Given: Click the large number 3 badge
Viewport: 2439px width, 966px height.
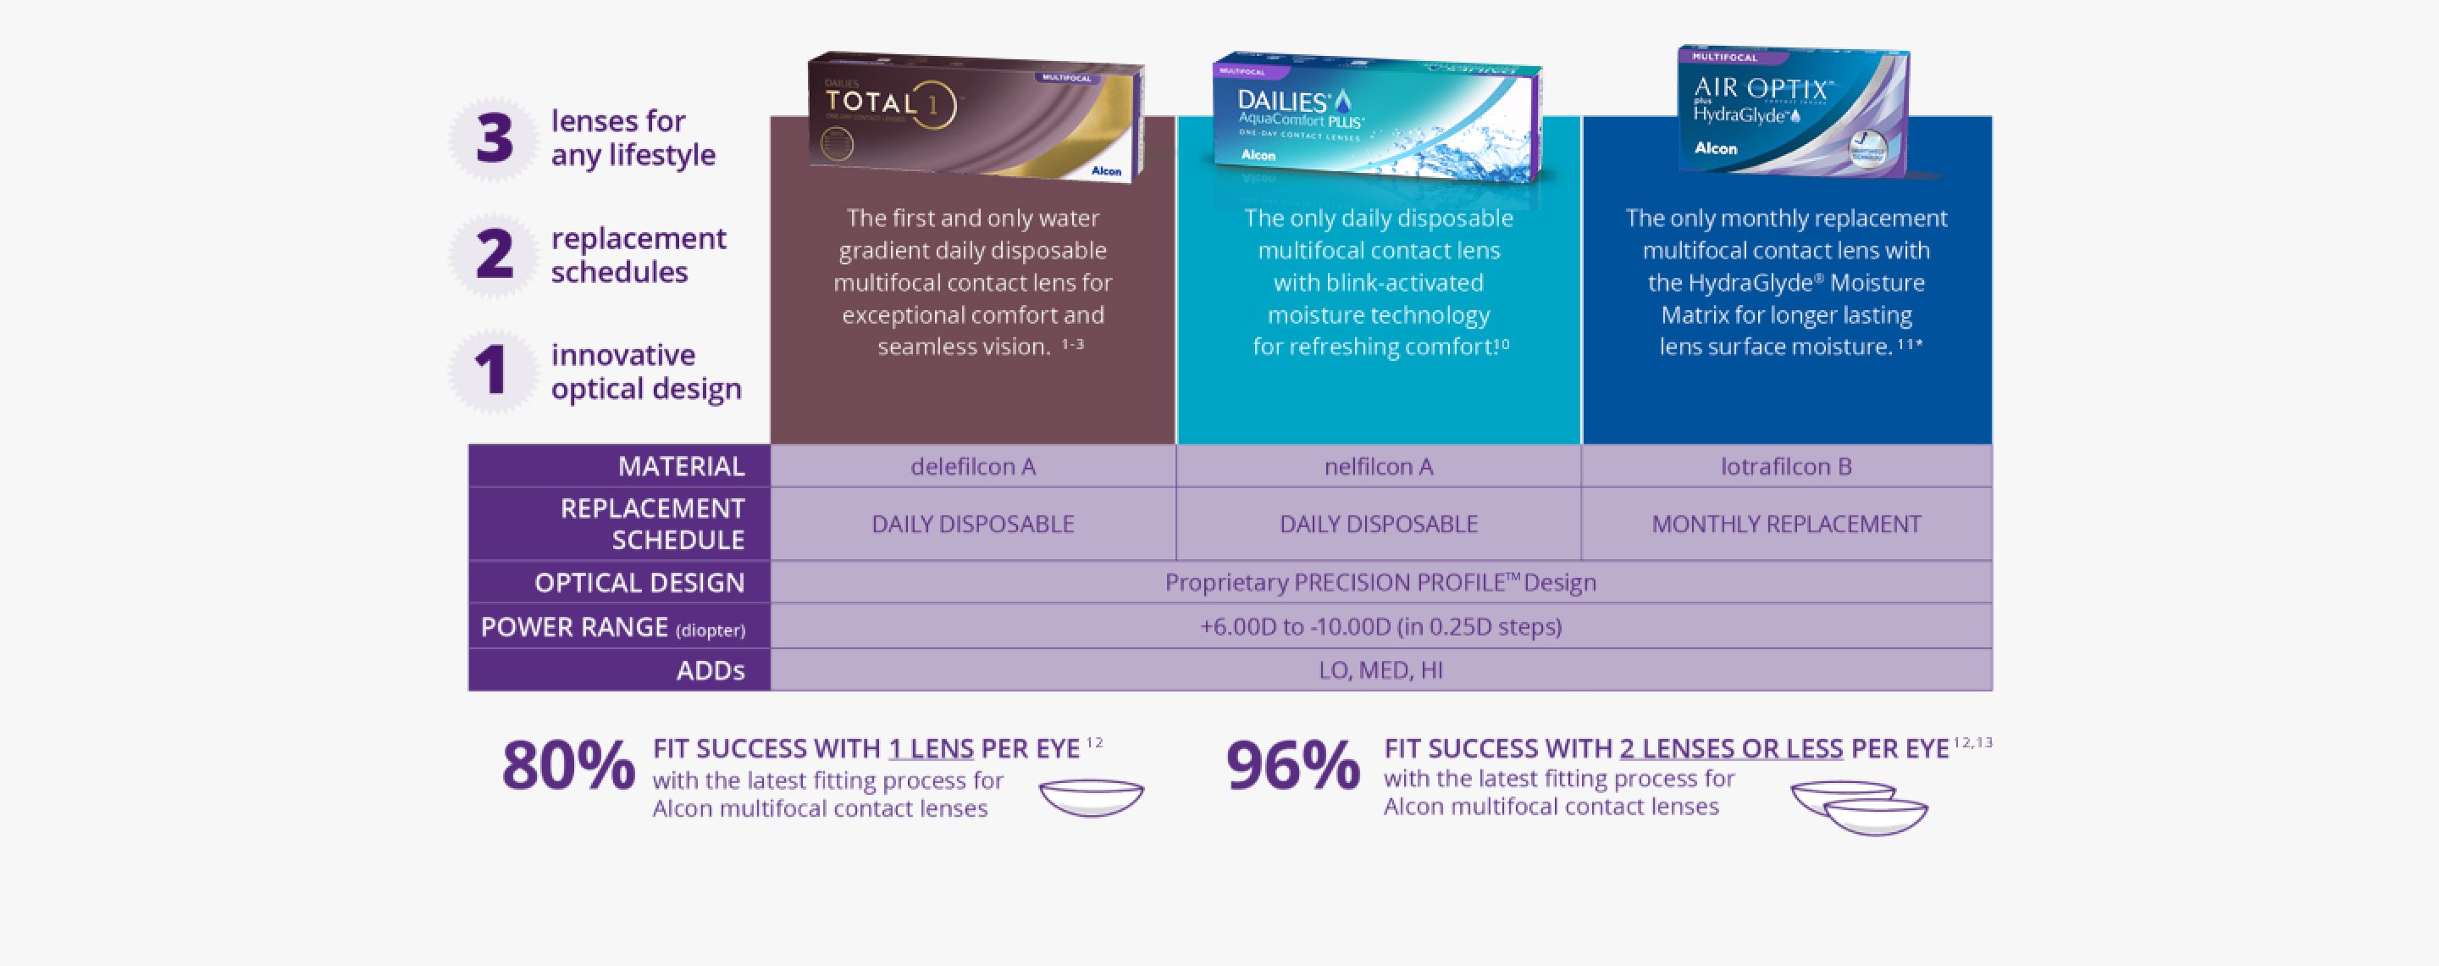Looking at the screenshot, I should (493, 139).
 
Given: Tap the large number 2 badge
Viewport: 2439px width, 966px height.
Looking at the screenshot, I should (493, 255).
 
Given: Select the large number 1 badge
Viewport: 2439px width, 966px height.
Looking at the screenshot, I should (491, 370).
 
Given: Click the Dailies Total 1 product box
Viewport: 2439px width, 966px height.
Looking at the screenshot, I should (976, 116).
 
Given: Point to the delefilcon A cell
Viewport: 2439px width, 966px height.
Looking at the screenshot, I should (972, 466).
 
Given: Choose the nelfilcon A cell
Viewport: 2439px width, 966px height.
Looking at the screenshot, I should (1378, 466).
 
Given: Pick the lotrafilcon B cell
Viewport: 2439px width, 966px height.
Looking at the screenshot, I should (1786, 466).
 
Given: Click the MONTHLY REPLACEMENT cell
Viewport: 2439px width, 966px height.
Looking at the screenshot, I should (1786, 524).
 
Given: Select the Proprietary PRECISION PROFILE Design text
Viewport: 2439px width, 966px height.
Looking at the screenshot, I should (1380, 582).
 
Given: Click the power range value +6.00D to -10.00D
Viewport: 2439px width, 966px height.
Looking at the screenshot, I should (1380, 626).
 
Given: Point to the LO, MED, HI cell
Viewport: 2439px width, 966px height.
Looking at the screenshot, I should (1380, 669).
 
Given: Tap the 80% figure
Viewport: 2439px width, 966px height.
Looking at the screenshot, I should (568, 765).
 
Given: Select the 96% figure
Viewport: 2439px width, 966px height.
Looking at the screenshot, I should (1292, 765).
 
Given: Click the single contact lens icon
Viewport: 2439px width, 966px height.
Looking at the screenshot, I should (1091, 797).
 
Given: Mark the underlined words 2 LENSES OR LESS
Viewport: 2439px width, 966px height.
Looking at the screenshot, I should (1731, 748).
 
